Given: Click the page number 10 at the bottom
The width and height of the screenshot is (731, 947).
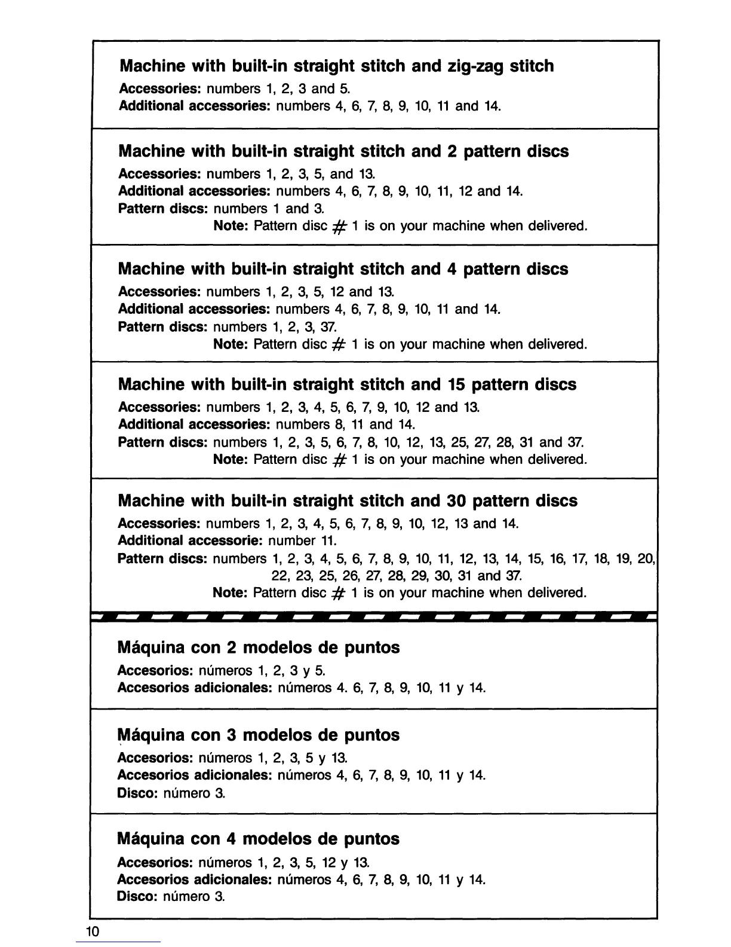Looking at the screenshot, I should click(92, 931).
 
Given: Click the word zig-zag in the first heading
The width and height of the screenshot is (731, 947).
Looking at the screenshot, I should click(475, 66).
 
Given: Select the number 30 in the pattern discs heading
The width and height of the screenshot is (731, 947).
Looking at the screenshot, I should click(455, 500).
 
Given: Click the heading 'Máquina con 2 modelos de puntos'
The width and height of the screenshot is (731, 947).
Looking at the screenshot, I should click(259, 647).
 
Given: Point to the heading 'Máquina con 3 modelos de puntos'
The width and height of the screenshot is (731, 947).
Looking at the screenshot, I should click(259, 735).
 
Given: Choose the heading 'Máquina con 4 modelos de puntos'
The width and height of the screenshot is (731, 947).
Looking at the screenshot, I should click(259, 839).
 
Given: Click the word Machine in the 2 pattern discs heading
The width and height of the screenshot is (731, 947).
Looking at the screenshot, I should click(152, 151).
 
